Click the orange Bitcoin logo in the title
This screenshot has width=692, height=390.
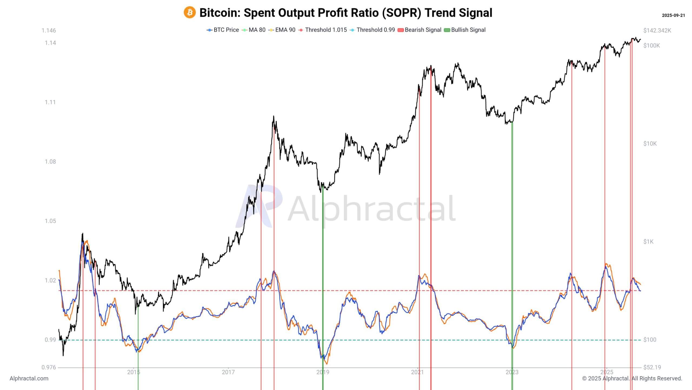[189, 12]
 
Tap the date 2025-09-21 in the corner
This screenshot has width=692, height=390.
[673, 15]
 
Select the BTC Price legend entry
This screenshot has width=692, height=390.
[223, 30]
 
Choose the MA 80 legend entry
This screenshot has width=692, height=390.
[254, 30]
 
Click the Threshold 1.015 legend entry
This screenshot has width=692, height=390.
[323, 30]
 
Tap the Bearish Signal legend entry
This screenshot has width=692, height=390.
[420, 30]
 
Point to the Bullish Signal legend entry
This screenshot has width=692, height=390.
[465, 30]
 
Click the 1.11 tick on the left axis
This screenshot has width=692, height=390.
[50, 102]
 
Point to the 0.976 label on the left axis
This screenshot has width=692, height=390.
[49, 367]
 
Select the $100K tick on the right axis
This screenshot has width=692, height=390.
[651, 45]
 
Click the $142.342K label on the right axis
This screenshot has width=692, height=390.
[657, 30]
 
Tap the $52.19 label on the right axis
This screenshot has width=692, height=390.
[652, 367]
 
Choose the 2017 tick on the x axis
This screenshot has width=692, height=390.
[228, 372]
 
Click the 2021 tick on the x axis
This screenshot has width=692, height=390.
[417, 372]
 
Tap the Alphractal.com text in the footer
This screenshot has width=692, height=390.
[29, 378]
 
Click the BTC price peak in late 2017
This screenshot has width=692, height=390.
[274, 117]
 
